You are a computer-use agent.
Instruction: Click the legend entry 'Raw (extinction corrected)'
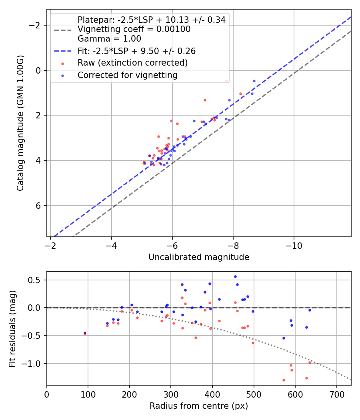point(132,63)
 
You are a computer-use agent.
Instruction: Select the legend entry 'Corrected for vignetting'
point(127,75)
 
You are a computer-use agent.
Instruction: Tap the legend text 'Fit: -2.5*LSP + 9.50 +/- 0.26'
point(136,51)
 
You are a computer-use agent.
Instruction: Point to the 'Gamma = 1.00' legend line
point(109,39)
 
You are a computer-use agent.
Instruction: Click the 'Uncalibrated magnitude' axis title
point(199,257)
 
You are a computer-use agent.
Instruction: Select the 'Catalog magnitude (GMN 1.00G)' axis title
point(20,123)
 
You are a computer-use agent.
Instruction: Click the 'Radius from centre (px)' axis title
point(199,406)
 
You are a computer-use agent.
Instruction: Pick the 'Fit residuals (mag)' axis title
point(12,328)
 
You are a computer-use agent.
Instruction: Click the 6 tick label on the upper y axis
point(39,206)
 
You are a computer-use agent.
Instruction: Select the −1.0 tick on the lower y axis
point(34,364)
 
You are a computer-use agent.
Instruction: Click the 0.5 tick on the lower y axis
point(36,280)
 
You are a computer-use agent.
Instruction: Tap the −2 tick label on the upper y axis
point(37,25)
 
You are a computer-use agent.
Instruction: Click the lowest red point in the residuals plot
point(284,380)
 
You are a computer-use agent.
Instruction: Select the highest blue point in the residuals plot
point(235,276)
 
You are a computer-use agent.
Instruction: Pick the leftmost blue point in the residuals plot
point(85,333)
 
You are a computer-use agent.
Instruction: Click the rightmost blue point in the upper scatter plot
point(254,81)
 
